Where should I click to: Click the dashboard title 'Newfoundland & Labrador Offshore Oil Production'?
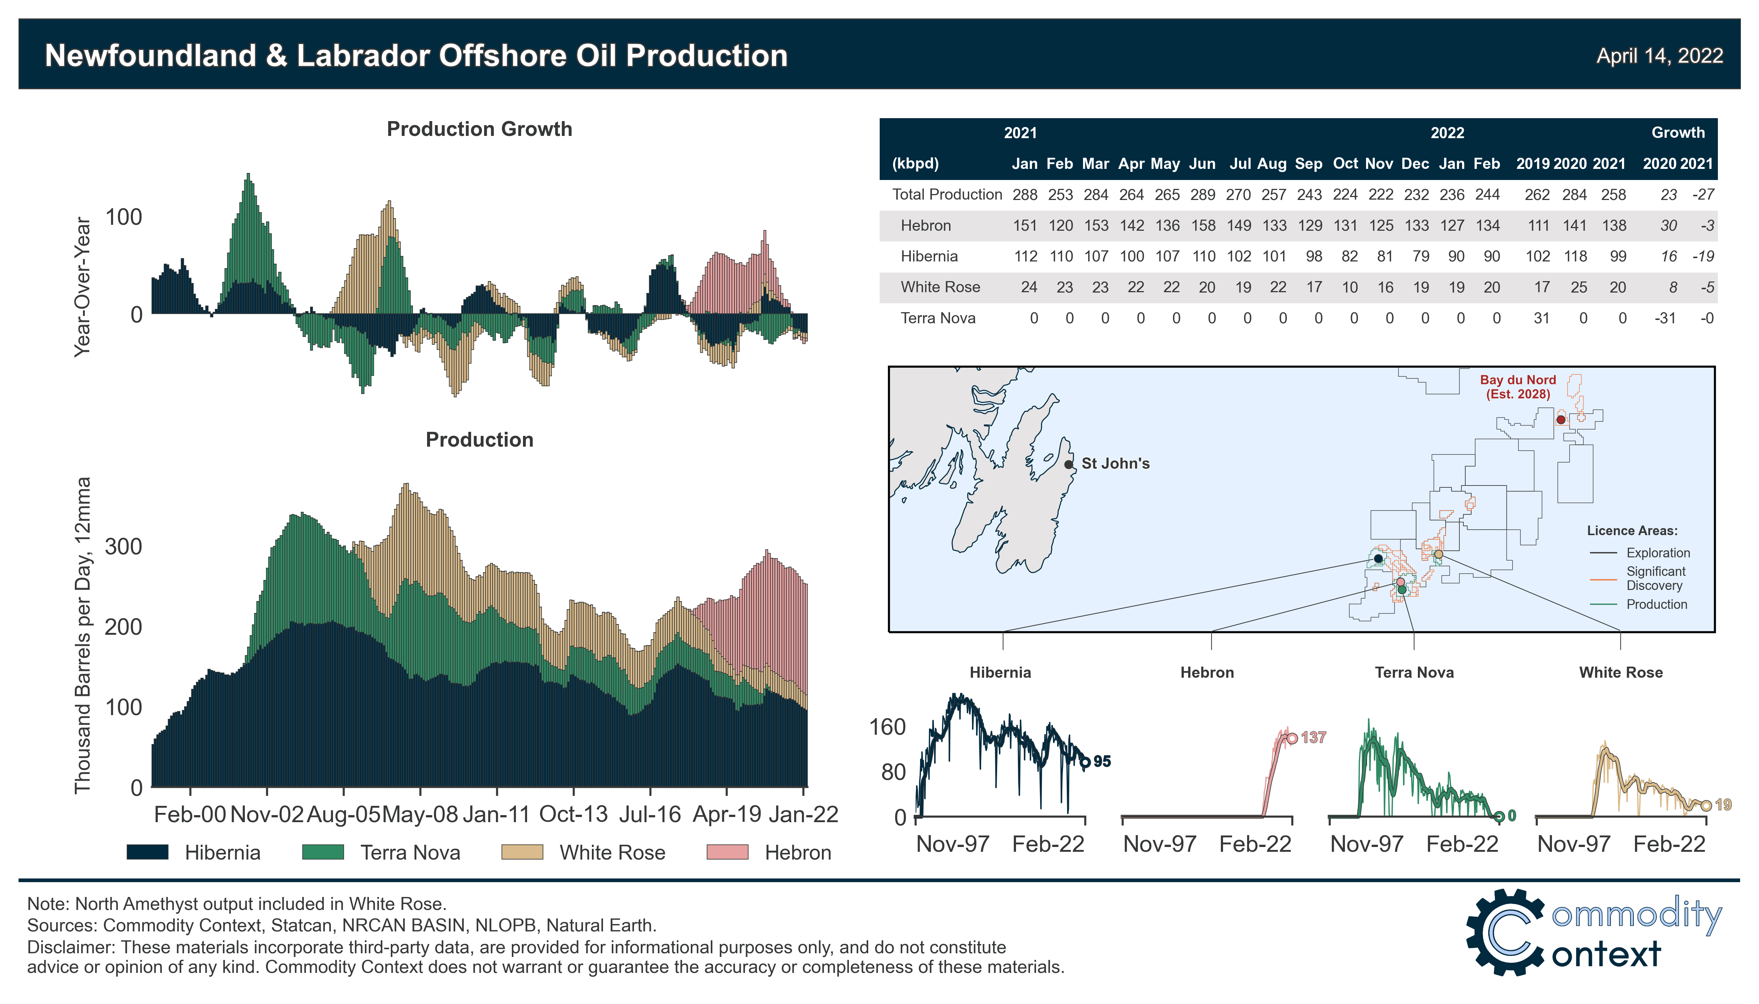click(x=416, y=55)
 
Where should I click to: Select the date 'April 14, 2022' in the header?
click(x=1659, y=55)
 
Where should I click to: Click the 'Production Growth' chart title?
click(x=479, y=129)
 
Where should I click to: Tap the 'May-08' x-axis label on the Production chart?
click(x=420, y=814)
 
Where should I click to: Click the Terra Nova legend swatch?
click(x=323, y=852)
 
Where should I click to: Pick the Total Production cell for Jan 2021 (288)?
click(x=1025, y=194)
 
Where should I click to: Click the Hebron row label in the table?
click(x=925, y=226)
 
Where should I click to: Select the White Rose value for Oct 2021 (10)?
click(x=1349, y=287)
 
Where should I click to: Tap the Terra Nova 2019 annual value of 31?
click(x=1541, y=318)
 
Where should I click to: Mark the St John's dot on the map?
click(x=1069, y=464)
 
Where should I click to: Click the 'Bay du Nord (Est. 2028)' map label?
click(x=1518, y=387)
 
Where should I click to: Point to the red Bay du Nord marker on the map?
click(x=1560, y=419)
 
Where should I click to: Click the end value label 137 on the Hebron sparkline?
click(x=1313, y=737)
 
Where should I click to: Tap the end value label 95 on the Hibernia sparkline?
click(x=1102, y=761)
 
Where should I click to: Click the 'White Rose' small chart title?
click(x=1620, y=672)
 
